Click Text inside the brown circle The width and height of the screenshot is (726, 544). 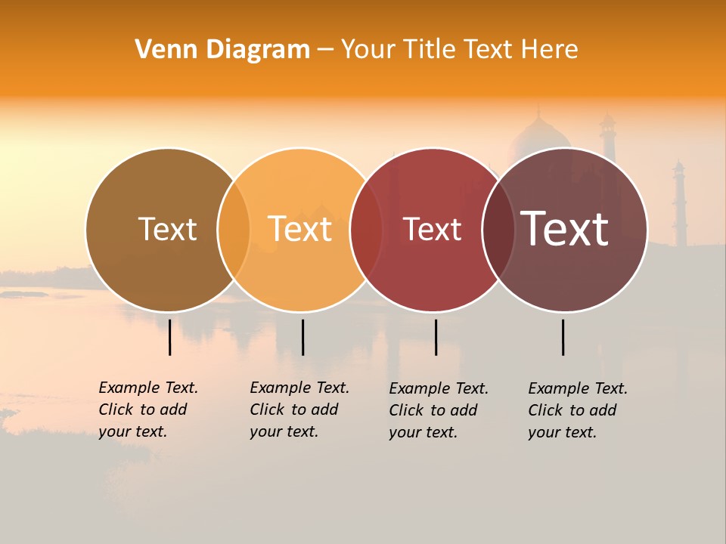(167, 229)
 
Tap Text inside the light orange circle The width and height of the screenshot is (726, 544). (300, 229)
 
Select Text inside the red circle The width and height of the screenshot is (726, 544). (432, 229)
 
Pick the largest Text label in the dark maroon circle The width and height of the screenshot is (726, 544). (564, 229)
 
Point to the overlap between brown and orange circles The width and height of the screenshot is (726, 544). (234, 229)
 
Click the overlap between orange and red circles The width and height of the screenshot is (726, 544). (366, 229)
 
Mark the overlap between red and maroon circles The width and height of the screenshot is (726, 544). (498, 229)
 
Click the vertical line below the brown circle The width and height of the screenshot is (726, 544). (170, 337)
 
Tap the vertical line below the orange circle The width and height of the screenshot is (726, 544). (302, 337)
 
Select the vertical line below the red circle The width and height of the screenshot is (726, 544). (436, 337)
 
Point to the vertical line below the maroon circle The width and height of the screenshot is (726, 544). (563, 337)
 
